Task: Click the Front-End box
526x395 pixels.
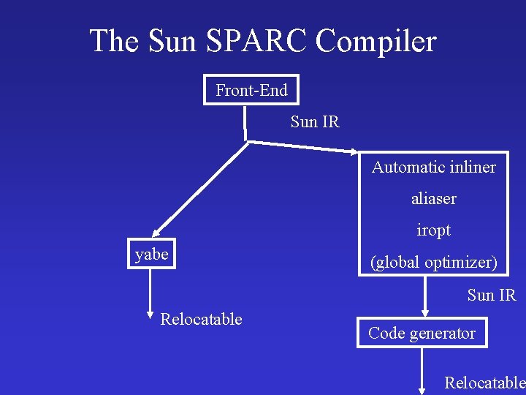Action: tap(251, 90)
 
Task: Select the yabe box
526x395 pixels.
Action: tap(151, 255)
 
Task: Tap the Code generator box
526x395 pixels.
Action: tap(422, 334)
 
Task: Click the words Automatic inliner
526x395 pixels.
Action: tap(433, 167)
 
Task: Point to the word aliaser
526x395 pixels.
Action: tap(433, 198)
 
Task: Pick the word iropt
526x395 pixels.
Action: tap(433, 230)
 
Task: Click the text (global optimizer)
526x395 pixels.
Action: tap(433, 262)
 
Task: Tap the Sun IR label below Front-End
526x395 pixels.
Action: tap(315, 121)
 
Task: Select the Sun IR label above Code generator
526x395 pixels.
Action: tap(492, 295)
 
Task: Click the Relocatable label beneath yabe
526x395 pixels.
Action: tap(201, 319)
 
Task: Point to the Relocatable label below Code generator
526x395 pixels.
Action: tap(484, 382)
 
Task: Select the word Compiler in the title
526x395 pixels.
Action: tap(376, 41)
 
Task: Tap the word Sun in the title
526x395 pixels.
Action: tap(172, 41)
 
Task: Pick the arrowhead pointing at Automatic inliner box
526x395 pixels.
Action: tap(353, 152)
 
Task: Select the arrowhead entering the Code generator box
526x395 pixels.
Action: tap(422, 312)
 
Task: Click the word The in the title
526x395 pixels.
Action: tap(115, 41)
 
